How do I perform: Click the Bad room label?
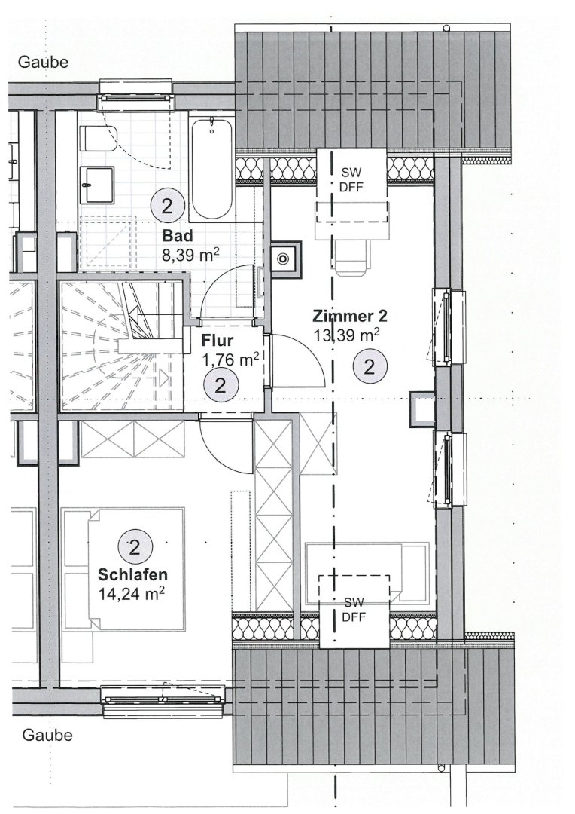178,236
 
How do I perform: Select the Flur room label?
218,341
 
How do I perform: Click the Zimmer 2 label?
349,316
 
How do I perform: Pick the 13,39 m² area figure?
346,335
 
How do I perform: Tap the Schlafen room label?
132,574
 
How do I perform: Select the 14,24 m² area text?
132,593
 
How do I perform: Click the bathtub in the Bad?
211,170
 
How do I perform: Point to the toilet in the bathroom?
99,139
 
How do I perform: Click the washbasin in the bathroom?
97,185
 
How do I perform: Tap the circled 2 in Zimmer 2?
370,367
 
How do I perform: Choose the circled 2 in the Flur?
221,386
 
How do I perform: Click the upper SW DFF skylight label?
351,179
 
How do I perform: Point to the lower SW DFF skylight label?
354,609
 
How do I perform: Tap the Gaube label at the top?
43,62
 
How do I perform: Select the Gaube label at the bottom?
47,735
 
